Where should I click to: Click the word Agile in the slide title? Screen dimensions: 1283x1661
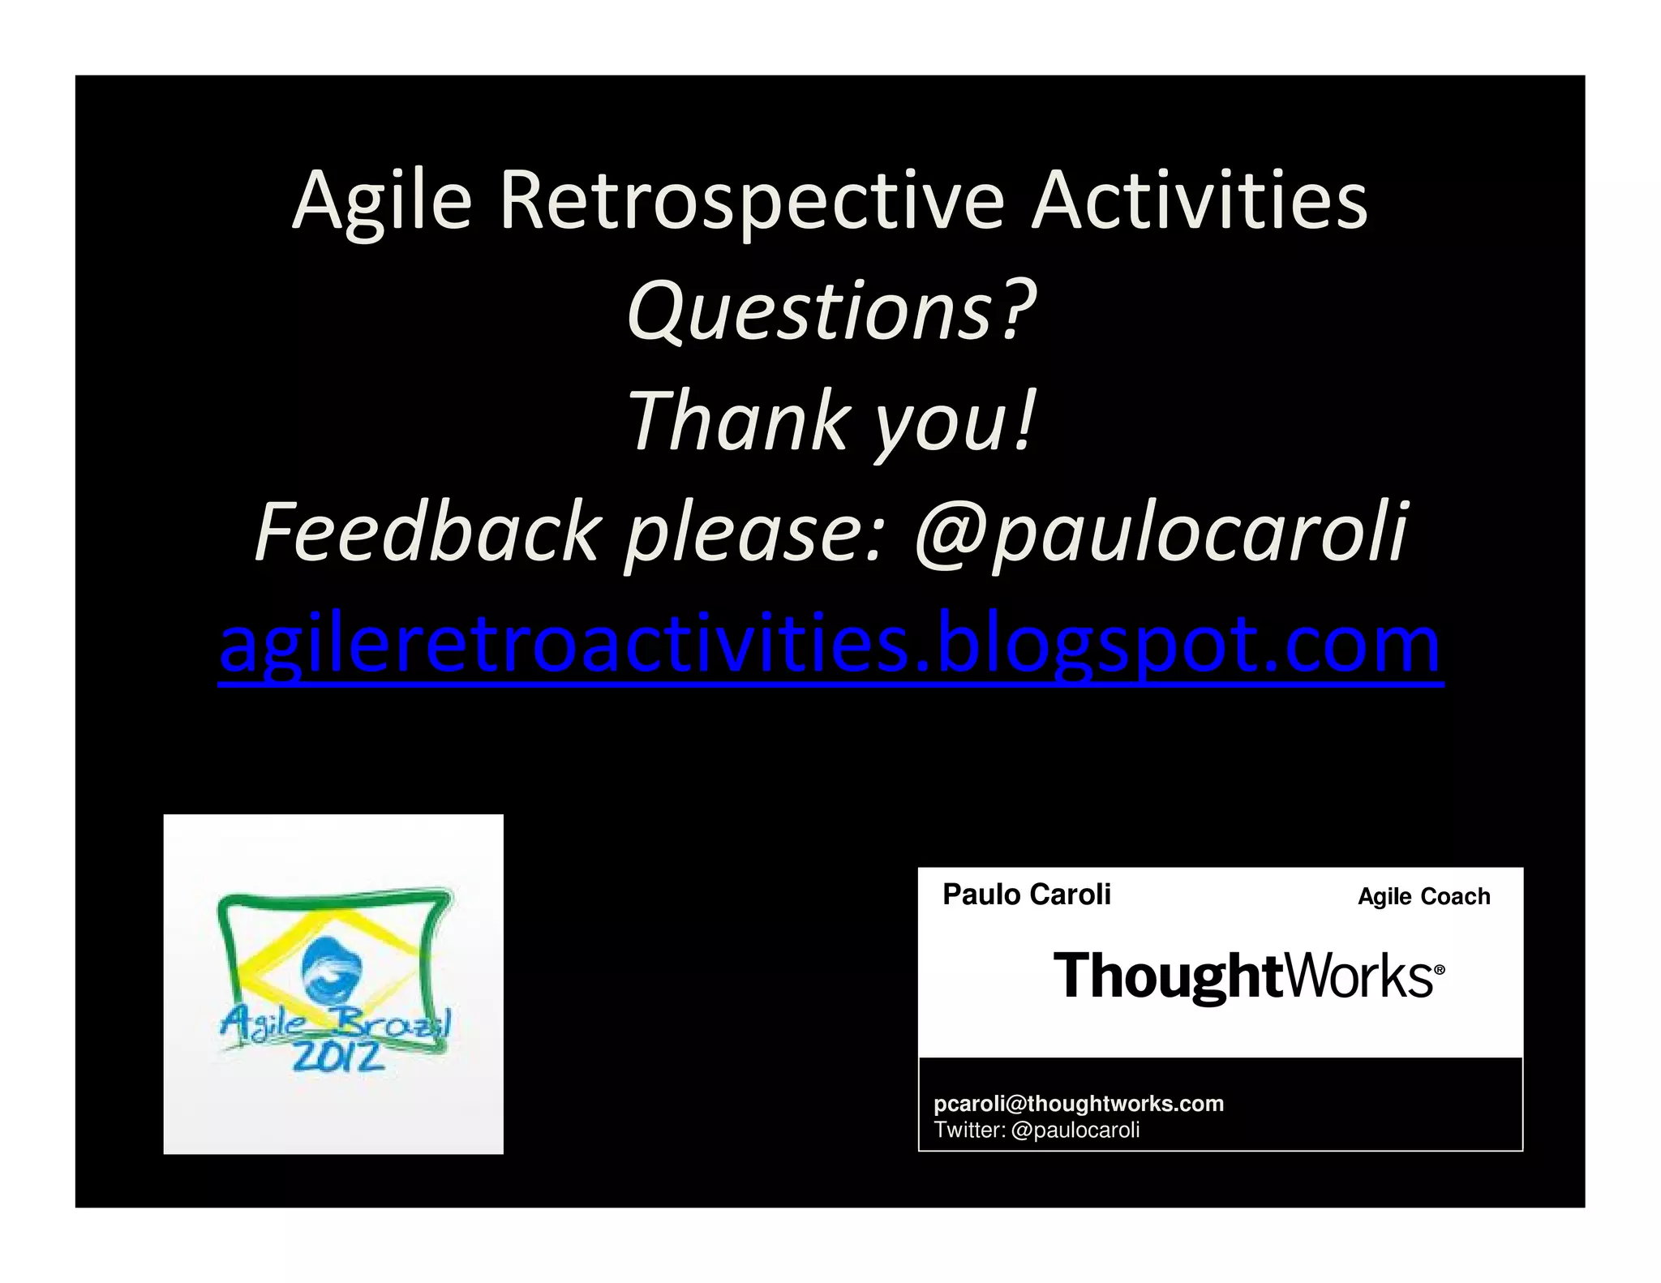pyautogui.click(x=381, y=201)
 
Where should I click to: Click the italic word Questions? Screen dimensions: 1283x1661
pyautogui.click(x=831, y=311)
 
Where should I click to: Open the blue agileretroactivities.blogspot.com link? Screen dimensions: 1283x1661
pyautogui.click(x=830, y=645)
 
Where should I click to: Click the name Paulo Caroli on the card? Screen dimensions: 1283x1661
pyautogui.click(x=1026, y=895)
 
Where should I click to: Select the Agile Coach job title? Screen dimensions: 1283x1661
pyautogui.click(x=1423, y=896)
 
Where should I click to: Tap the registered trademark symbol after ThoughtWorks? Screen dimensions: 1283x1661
pyautogui.click(x=1440, y=969)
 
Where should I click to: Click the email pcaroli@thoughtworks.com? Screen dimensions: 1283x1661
pyautogui.click(x=1078, y=1103)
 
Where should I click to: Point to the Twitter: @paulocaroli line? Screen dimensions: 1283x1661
pyautogui.click(x=1037, y=1130)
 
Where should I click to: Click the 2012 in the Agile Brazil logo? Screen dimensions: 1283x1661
pyautogui.click(x=337, y=1056)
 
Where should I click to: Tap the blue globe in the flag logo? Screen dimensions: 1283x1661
pyautogui.click(x=332, y=968)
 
